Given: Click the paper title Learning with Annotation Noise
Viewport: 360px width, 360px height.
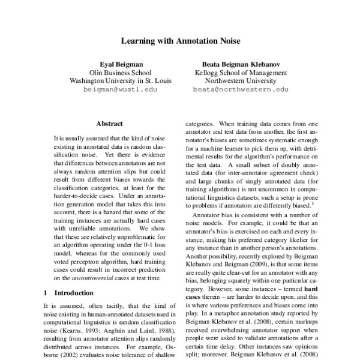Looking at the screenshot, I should coord(180,42).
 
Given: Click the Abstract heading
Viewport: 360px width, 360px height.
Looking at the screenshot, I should coord(109,123).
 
